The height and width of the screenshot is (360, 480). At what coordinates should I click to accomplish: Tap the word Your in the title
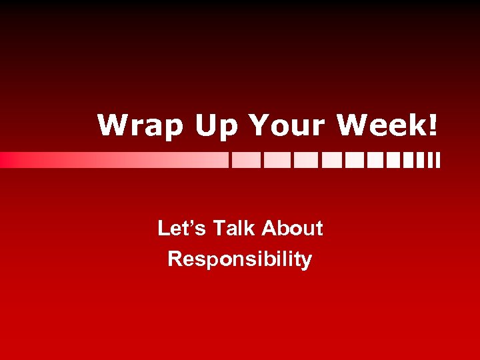click(x=287, y=125)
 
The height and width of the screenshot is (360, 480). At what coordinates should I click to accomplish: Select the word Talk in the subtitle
click(x=234, y=229)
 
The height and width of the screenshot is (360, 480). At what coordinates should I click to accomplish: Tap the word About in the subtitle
click(x=292, y=229)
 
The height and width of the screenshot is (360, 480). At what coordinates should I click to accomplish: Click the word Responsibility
click(x=239, y=259)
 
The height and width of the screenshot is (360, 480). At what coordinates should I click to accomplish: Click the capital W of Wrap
click(x=111, y=125)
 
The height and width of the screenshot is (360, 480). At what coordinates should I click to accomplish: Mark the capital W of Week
click(x=351, y=125)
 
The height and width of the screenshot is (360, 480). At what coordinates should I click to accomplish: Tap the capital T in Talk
click(x=219, y=229)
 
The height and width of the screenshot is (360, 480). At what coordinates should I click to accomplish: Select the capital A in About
click(x=269, y=229)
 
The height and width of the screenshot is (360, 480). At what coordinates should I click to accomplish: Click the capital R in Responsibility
click(x=175, y=258)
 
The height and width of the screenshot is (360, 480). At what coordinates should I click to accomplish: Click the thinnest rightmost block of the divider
click(x=438, y=160)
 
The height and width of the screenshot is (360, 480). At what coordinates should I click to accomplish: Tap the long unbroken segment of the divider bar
click(x=113, y=160)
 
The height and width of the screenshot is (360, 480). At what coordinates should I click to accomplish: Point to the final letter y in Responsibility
click(x=307, y=260)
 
